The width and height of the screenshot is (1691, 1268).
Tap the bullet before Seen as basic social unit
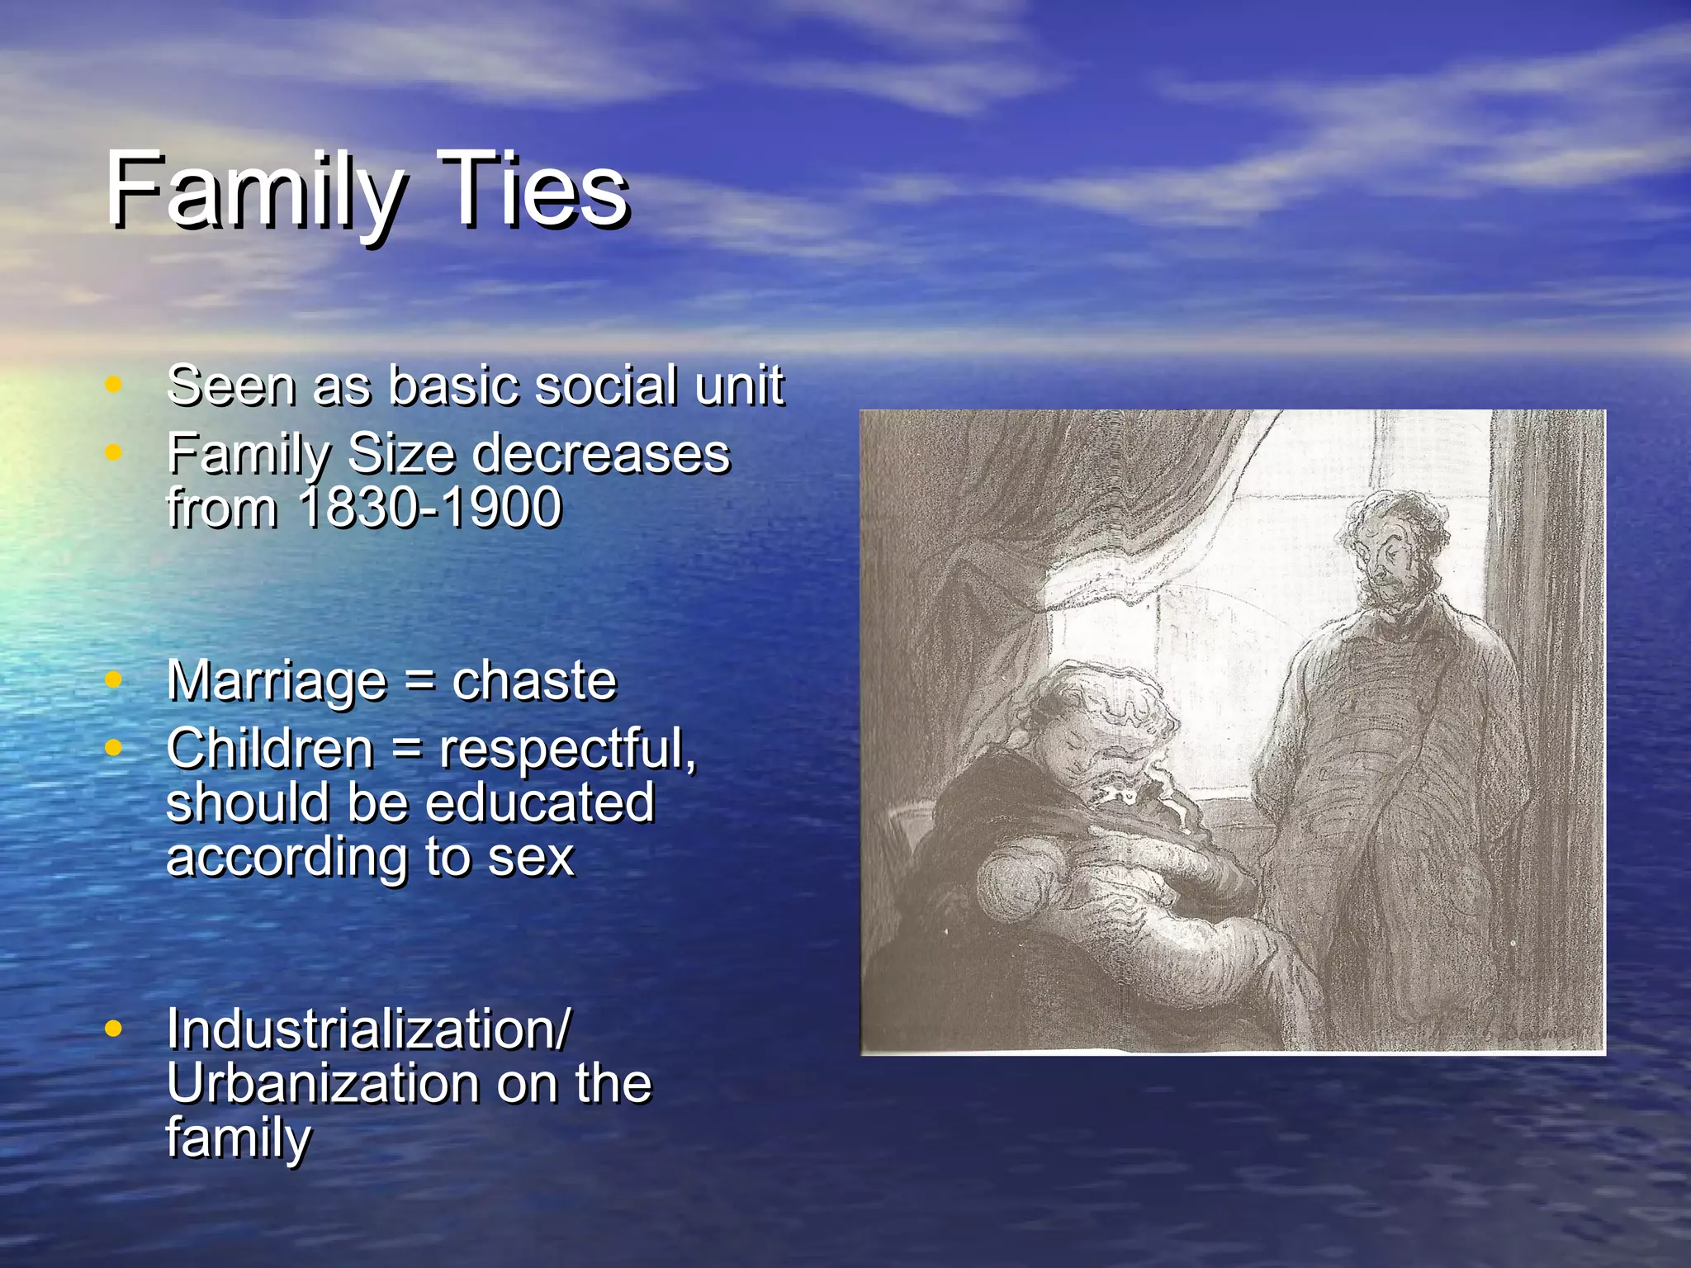tap(114, 384)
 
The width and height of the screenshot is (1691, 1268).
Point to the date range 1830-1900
tap(429, 507)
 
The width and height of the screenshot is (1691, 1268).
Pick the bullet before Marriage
tap(114, 679)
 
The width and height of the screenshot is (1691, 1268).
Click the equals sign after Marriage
tap(419, 682)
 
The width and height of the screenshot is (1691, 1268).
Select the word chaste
tap(534, 681)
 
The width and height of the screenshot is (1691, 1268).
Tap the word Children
tap(270, 749)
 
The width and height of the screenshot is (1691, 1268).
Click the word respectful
tap(566, 749)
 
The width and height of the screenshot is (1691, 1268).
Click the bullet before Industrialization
tap(114, 1029)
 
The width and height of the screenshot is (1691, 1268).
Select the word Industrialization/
tap(368, 1029)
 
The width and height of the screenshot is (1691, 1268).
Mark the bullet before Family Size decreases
tap(114, 452)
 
